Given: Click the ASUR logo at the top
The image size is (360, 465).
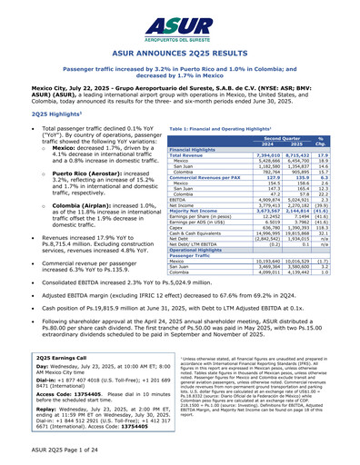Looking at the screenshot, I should (180, 21).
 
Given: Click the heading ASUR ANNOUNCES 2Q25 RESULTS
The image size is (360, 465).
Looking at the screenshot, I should (180, 54).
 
